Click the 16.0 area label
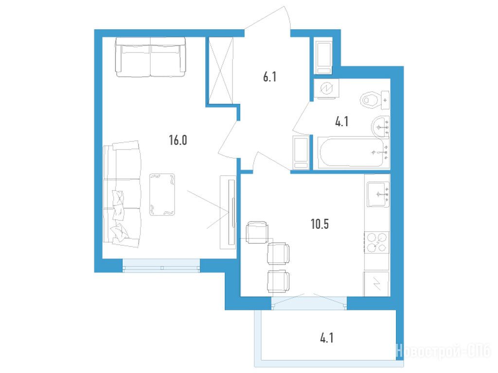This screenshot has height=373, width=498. click(178, 140)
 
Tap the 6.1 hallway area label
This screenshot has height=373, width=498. click(269, 77)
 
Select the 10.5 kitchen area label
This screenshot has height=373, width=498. click(320, 224)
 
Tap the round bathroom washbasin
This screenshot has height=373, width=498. click(380, 127)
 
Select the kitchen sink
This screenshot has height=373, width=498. click(378, 194)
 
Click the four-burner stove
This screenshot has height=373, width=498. click(377, 242)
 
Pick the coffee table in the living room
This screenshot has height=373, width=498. click(162, 194)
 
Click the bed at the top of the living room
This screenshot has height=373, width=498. click(150, 57)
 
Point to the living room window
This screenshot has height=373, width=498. click(161, 266)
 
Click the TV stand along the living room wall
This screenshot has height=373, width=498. click(228, 212)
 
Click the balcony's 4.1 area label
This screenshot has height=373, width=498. click(326, 338)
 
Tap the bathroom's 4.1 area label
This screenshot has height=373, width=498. click(342, 121)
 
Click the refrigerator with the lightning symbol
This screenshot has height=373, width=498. click(377, 284)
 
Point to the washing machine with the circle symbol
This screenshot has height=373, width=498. click(326, 89)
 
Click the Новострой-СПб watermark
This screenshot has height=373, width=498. click(444, 351)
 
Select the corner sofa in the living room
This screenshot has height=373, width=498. click(122, 194)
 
